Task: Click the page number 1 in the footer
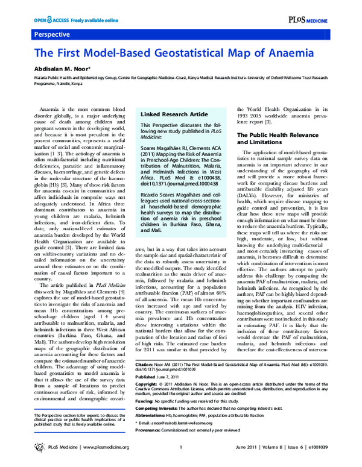point(181,463)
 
